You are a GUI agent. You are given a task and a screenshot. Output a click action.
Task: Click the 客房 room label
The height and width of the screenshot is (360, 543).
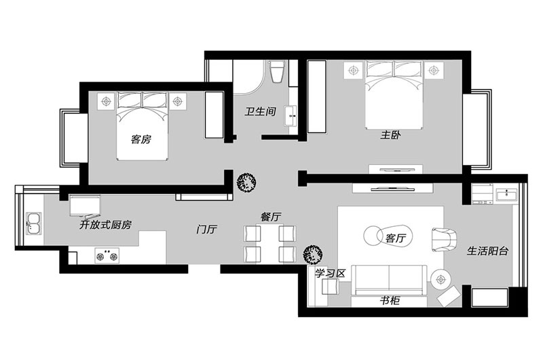point(141,139)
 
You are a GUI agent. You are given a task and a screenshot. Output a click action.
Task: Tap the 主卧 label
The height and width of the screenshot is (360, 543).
point(390,135)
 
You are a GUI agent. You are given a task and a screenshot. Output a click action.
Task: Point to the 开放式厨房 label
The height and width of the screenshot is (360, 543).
point(105,223)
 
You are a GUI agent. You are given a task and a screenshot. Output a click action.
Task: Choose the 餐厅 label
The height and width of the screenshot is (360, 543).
point(271,217)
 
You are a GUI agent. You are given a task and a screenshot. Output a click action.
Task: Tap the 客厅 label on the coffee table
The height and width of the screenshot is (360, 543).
point(395,238)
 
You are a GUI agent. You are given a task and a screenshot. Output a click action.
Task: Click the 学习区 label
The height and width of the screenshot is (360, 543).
point(331,273)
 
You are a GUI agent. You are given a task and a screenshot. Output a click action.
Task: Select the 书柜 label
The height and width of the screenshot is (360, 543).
point(390,300)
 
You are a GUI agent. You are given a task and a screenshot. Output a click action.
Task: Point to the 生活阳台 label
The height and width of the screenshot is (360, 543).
point(488,251)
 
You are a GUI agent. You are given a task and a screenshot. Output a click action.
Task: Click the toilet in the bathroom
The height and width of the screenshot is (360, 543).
point(277,72)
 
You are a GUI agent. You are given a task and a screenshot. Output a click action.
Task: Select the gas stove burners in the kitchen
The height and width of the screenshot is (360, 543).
point(105,257)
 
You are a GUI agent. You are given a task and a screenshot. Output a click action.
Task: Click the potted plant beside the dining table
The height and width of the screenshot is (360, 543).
point(312,254)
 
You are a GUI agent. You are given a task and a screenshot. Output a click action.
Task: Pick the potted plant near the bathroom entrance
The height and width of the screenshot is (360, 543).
point(246,181)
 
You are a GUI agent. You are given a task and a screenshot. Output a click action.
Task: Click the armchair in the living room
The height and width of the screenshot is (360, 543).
point(445,238)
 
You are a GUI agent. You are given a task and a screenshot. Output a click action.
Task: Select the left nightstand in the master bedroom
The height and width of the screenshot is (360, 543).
point(353,69)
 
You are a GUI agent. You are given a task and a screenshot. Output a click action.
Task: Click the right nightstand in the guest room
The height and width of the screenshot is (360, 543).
point(179,101)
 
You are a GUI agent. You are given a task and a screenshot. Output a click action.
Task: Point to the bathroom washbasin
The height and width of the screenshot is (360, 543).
point(292,116)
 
